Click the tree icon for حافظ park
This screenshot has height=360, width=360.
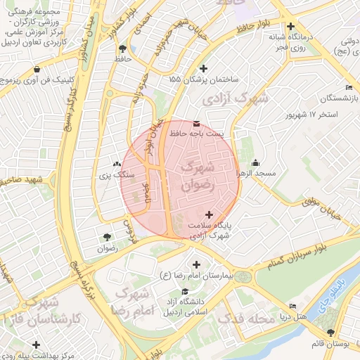tap(123, 49)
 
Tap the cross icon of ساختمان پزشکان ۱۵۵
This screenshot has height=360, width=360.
tap(204, 68)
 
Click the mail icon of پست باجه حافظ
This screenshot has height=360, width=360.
tap(196, 122)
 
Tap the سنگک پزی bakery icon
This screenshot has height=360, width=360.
tap(117, 163)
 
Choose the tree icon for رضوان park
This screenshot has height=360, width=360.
tap(107, 238)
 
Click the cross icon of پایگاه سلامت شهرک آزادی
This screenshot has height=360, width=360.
tap(209, 214)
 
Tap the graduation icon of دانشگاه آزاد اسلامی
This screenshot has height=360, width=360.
tap(185, 291)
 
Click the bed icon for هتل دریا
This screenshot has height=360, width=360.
tap(292, 306)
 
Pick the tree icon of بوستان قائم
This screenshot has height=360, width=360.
tap(330, 332)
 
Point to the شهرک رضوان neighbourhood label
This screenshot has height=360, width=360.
tap(197, 176)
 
